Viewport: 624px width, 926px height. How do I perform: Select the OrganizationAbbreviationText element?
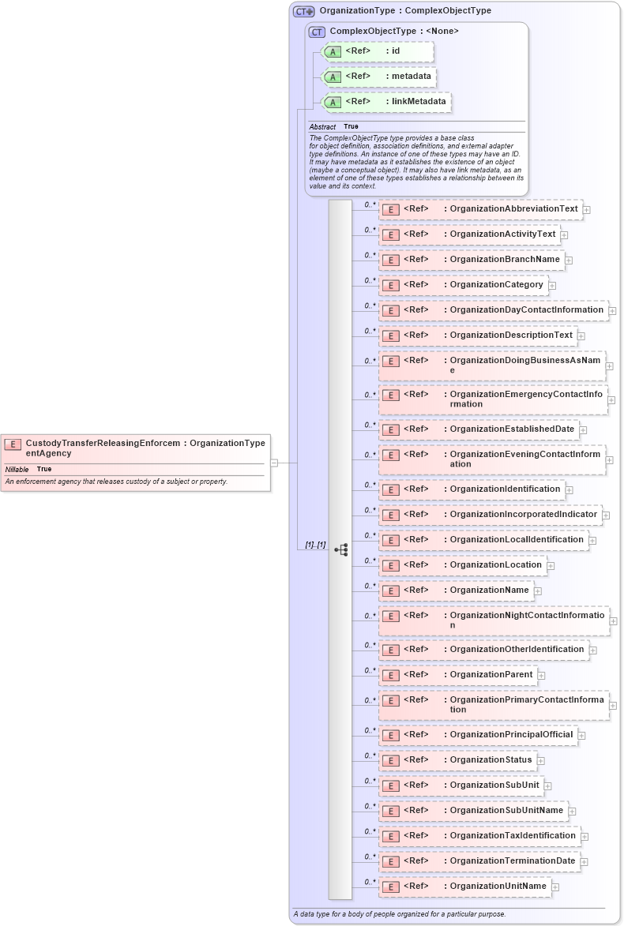click(x=480, y=209)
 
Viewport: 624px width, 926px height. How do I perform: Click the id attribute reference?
click(x=378, y=51)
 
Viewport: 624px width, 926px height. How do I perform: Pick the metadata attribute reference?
click(x=380, y=77)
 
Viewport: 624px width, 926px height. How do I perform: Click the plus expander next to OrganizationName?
click(x=538, y=590)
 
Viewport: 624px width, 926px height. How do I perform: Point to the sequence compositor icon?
click(x=340, y=549)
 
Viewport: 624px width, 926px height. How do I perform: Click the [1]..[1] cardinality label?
click(x=316, y=545)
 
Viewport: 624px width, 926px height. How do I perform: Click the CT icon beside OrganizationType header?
click(x=303, y=11)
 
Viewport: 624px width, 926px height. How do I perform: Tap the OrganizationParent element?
click(x=457, y=675)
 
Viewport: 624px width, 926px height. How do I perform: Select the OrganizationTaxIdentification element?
click(x=479, y=836)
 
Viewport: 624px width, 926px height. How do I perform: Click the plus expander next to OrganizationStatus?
click(x=541, y=761)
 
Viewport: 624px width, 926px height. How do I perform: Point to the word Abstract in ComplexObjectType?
click(x=322, y=127)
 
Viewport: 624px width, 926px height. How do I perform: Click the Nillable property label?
click(x=17, y=469)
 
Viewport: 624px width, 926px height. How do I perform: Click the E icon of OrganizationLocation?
click(x=389, y=565)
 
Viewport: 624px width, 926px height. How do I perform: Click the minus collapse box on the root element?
click(x=274, y=463)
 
